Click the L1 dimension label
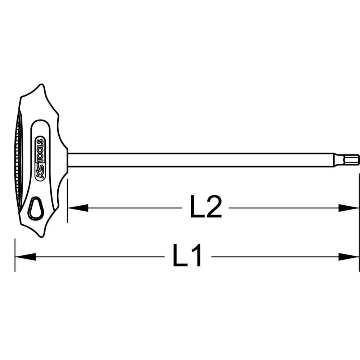187,256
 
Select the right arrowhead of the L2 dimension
349,208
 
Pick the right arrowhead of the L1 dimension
349,257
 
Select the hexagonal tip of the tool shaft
351,159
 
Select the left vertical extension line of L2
67,202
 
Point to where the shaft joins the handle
68,160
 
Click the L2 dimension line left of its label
133,208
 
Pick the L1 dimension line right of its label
274,257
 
